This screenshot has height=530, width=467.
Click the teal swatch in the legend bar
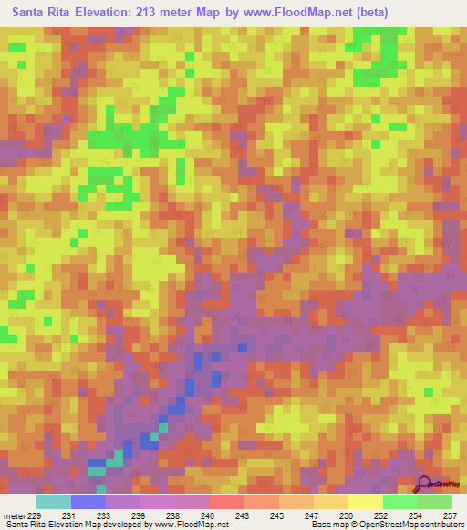pos(54,502)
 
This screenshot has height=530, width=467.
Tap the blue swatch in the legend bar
pos(88,502)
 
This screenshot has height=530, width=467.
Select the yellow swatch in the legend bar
pos(365,502)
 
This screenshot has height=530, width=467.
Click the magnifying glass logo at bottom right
pos(425,483)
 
